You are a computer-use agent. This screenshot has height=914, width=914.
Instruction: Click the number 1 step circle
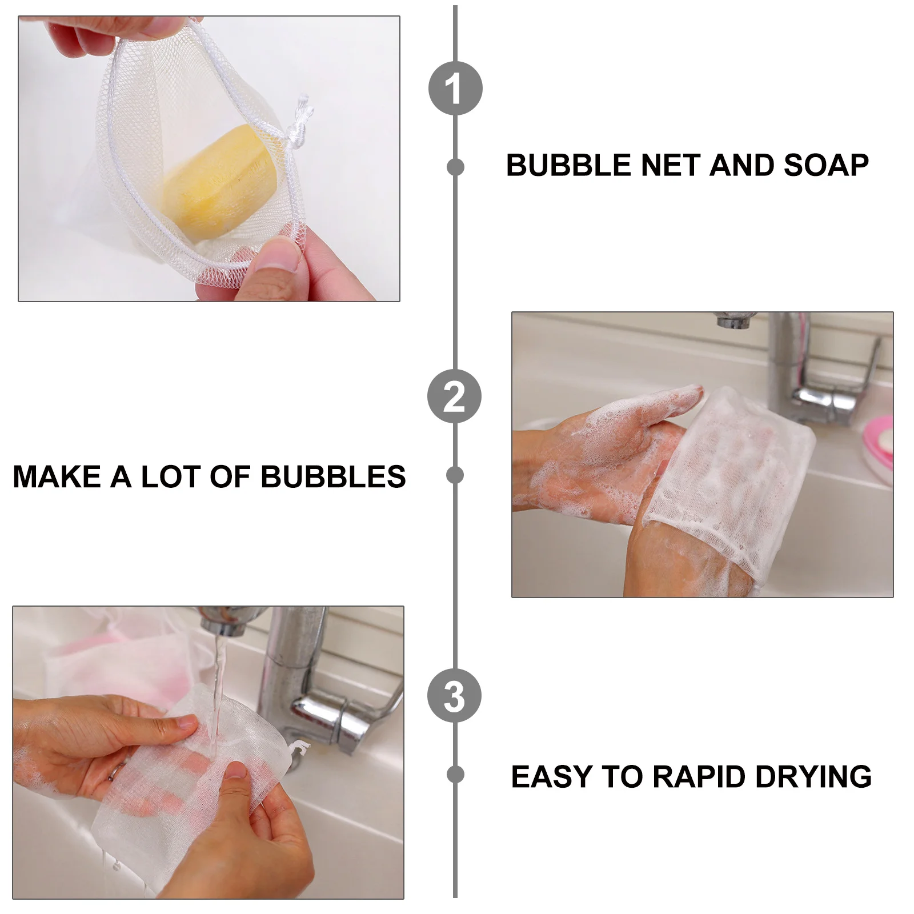[455, 88]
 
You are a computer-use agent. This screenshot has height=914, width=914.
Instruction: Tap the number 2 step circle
[455, 396]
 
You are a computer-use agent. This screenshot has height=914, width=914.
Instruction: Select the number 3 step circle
[455, 696]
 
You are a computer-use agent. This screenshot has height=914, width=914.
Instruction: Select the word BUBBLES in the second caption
[333, 476]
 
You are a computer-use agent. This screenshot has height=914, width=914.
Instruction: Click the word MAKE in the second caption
[57, 476]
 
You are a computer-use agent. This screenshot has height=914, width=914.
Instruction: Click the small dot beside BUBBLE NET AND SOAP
[455, 167]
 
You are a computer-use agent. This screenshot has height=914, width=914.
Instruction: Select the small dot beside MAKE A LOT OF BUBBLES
[455, 475]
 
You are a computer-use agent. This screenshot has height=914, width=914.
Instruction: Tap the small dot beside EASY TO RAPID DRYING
[455, 774]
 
